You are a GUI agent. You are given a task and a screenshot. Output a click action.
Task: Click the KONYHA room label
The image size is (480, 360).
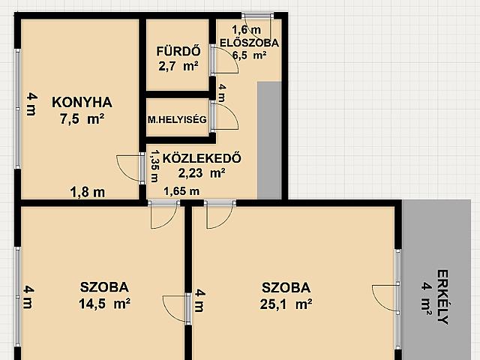tap(82, 102)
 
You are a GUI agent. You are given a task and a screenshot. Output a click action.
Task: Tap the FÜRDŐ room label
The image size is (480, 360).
tap(178, 51)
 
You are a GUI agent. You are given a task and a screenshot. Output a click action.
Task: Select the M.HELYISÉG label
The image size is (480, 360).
tap(177, 119)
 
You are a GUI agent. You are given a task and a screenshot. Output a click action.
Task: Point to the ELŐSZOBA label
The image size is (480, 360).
tap(249, 43)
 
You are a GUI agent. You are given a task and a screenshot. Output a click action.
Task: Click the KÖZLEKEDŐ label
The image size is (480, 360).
tap(202, 158)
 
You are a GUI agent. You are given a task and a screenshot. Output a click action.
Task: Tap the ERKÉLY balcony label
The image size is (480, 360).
tap(442, 297)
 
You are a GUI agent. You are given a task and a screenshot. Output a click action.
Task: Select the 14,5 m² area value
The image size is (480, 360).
tap(105, 304)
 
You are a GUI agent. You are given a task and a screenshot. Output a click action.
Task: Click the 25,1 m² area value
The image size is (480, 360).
tap(286, 304)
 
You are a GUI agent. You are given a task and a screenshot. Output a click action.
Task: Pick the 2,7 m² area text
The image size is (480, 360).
tap(178, 66)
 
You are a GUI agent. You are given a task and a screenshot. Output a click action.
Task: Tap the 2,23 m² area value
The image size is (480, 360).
tap(202, 173)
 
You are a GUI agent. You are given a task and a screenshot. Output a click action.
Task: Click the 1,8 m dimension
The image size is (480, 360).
tap(88, 192)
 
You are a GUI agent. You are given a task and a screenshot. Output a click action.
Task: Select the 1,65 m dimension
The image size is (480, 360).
tap(181, 191)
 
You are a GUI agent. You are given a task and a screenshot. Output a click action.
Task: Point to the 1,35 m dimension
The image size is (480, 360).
tap(154, 166)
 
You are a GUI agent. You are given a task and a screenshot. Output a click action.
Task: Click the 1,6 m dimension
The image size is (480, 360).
tap(247, 30)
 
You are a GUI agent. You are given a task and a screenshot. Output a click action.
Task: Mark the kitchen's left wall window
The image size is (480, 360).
tap(18, 108)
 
